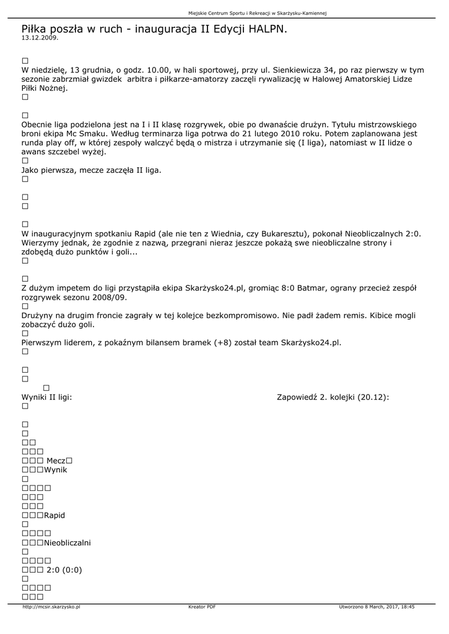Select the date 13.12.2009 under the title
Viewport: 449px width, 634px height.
point(40,38)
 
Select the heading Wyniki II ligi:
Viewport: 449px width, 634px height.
point(47,397)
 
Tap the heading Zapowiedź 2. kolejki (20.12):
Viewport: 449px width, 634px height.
point(333,397)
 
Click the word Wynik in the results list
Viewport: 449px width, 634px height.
point(55,470)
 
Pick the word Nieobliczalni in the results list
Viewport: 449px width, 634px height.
point(68,543)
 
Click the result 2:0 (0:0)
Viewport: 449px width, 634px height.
point(64,570)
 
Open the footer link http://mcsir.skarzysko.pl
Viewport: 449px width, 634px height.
point(51,607)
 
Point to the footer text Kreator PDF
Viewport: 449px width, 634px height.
point(202,607)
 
